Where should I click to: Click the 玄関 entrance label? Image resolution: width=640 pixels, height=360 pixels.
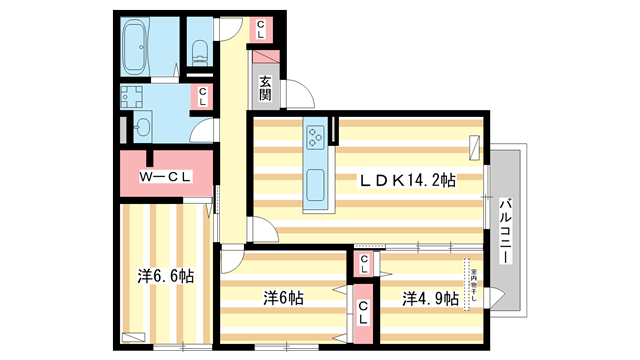tap(265, 89)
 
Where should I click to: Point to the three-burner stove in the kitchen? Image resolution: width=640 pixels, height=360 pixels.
tap(316, 136)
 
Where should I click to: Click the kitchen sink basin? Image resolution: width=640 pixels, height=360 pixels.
tap(317, 184)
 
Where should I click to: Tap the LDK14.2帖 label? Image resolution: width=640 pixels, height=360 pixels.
tap(408, 180)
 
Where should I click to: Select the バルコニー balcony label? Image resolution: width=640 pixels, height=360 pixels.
tap(506, 229)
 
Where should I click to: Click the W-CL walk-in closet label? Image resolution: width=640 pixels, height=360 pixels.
tap(165, 177)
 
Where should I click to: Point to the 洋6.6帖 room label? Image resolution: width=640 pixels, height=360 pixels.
tap(165, 276)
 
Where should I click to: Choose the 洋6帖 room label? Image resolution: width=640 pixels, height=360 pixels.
tap(284, 298)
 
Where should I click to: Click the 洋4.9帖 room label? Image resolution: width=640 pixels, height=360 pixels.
tap(431, 298)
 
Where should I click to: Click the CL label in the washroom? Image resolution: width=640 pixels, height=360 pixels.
tap(203, 97)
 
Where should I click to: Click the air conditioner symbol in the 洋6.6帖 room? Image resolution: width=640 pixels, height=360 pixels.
tap(130, 337)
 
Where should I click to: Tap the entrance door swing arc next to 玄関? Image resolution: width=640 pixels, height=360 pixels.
tap(296, 95)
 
